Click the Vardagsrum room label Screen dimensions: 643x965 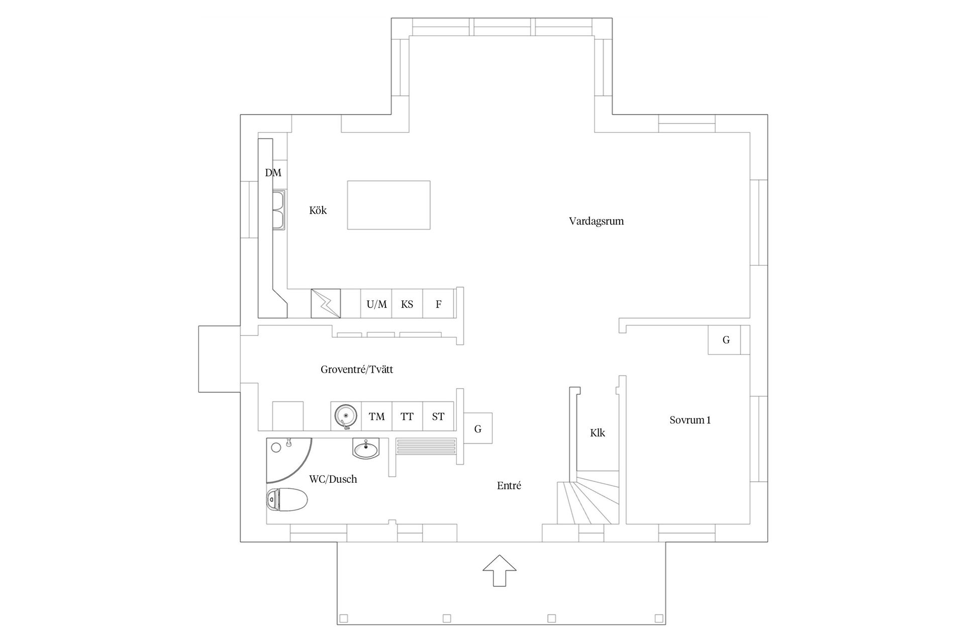tap(596, 221)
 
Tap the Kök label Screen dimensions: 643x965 tap(318, 210)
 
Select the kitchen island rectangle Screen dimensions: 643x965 tap(389, 205)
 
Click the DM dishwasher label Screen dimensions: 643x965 tap(273, 173)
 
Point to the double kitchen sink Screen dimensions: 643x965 tap(279, 210)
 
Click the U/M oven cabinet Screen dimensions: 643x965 tap(376, 304)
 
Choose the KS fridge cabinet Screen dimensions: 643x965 tap(407, 304)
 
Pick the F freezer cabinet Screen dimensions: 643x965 tap(438, 304)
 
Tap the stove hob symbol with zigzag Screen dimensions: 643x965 tap(326, 303)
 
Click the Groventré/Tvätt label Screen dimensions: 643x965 tap(357, 370)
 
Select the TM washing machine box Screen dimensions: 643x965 tap(376, 416)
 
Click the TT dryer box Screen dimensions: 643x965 tap(407, 416)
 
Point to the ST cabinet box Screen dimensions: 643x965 tap(438, 416)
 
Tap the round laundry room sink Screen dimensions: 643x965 tap(345, 416)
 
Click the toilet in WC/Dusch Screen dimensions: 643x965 tap(286, 499)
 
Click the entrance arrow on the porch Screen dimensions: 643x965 tap(500, 570)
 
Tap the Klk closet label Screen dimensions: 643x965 tap(597, 433)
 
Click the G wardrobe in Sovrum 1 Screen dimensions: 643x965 tap(726, 340)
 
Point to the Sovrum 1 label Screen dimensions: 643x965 tap(690, 420)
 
